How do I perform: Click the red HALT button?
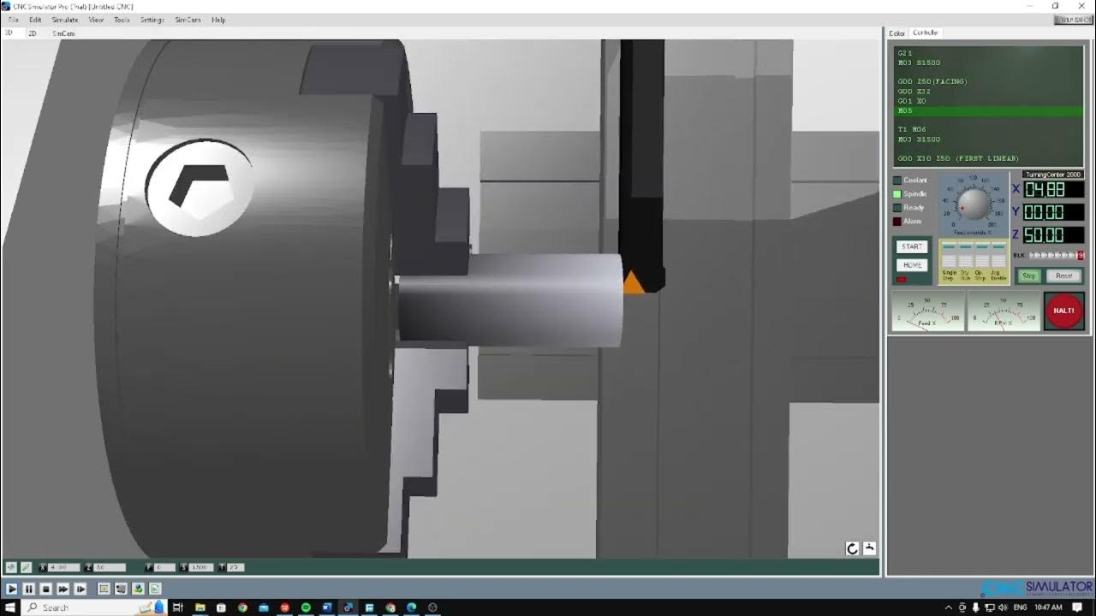coord(1063,311)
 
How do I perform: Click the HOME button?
coord(912,265)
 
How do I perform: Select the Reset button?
coord(1063,275)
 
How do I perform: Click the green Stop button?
coord(1028,275)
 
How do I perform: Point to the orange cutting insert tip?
coord(633,283)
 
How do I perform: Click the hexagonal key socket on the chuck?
coord(200,186)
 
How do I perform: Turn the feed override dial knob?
coord(973,204)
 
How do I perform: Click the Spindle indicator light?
coord(897,194)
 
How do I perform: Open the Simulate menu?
coord(65,20)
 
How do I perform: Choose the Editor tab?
coord(896,33)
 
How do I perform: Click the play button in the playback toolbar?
coord(12,589)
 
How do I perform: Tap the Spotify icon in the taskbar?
coord(306,607)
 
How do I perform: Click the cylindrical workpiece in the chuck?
coord(509,299)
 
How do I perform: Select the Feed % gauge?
coord(926,311)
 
